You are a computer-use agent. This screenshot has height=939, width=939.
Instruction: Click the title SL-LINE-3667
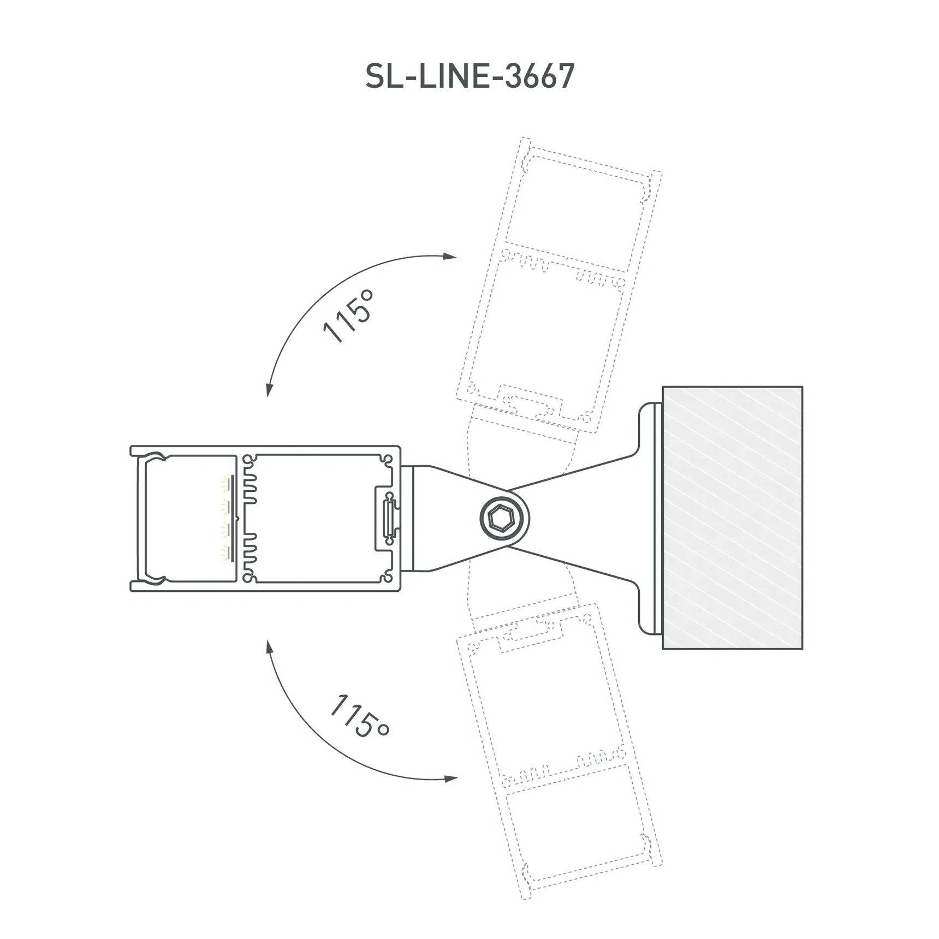pos(469,76)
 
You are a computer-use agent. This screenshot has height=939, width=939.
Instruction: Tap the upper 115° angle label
pos(348,316)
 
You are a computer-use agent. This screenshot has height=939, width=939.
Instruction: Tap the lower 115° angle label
pos(360,716)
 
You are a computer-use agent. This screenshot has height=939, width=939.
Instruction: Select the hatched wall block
pos(732,518)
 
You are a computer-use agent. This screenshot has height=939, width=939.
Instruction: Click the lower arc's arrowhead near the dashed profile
pos(451,778)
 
